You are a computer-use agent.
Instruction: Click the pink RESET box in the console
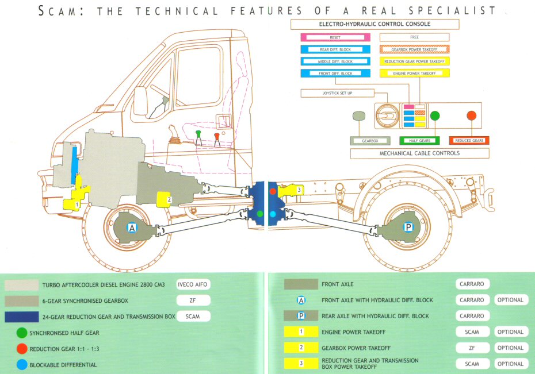(335, 37)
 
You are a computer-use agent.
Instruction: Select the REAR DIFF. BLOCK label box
(335, 49)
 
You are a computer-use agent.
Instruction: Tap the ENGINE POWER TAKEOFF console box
(415, 73)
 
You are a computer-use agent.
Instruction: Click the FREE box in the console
(415, 37)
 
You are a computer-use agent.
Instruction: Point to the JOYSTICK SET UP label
(337, 92)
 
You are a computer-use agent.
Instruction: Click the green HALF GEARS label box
(419, 140)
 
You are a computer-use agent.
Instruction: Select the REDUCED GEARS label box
(469, 140)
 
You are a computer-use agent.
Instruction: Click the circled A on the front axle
(132, 228)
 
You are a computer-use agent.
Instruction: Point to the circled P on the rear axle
(408, 228)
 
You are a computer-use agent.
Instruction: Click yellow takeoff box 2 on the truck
(165, 199)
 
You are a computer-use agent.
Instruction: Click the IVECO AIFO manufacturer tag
(193, 284)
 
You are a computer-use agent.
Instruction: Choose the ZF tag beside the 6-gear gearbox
(193, 300)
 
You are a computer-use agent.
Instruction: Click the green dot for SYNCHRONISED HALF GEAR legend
(22, 333)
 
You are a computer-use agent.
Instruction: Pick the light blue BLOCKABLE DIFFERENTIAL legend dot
(22, 364)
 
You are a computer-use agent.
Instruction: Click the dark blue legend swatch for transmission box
(24, 316)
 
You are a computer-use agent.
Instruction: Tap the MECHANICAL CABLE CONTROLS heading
(420, 153)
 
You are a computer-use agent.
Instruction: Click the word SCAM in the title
(57, 11)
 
